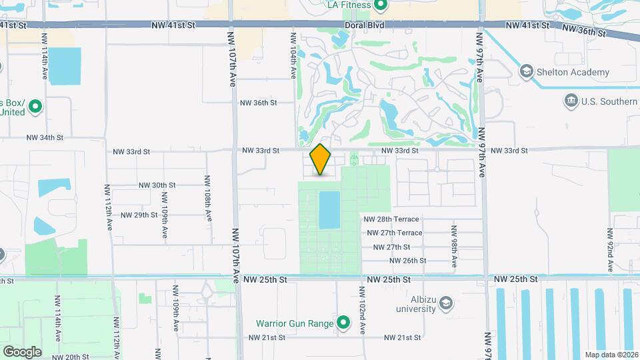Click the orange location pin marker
pos(321,159)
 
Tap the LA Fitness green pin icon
pos(381,6)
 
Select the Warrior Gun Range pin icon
pos(343,323)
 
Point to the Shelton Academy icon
pos(526,72)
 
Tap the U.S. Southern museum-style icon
pos(571,101)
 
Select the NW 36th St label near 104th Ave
pos(259,103)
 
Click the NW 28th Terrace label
pos(391,219)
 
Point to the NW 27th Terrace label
pos(395,233)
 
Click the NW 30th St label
pos(157,185)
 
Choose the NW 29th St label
pos(139,215)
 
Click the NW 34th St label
pos(45,138)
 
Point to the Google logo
pos(22,351)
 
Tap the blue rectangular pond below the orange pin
pos(329,209)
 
